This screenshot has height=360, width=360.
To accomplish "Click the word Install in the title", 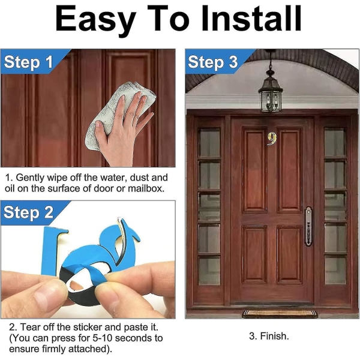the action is coord(251,18).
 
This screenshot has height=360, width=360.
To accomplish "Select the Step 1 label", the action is coord(28,62).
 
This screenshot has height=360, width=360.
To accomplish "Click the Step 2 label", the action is coord(28,212).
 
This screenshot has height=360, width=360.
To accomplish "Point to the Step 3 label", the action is coord(212,62).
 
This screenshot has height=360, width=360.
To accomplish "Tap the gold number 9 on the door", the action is coord(272,139).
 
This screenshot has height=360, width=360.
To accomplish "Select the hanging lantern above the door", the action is coord(271,92).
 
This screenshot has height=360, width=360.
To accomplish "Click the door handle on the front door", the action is coord(308,226).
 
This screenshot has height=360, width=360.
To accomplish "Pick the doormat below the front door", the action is coord(280,314).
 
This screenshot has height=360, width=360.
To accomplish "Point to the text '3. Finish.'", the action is coord(269,336).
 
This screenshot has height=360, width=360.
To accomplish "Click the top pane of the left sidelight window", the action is coord(209,142).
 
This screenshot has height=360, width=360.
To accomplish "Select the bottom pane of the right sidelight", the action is coord(335,270).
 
